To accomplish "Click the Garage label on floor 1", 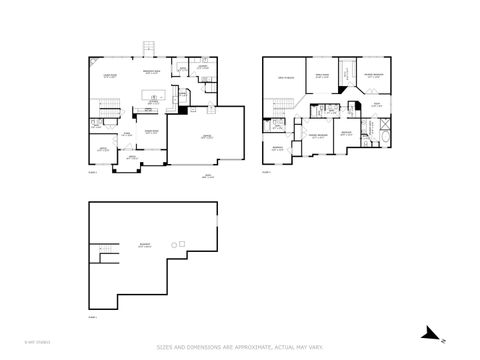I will point(207,138).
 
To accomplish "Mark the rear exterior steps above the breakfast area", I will point(150,48).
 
